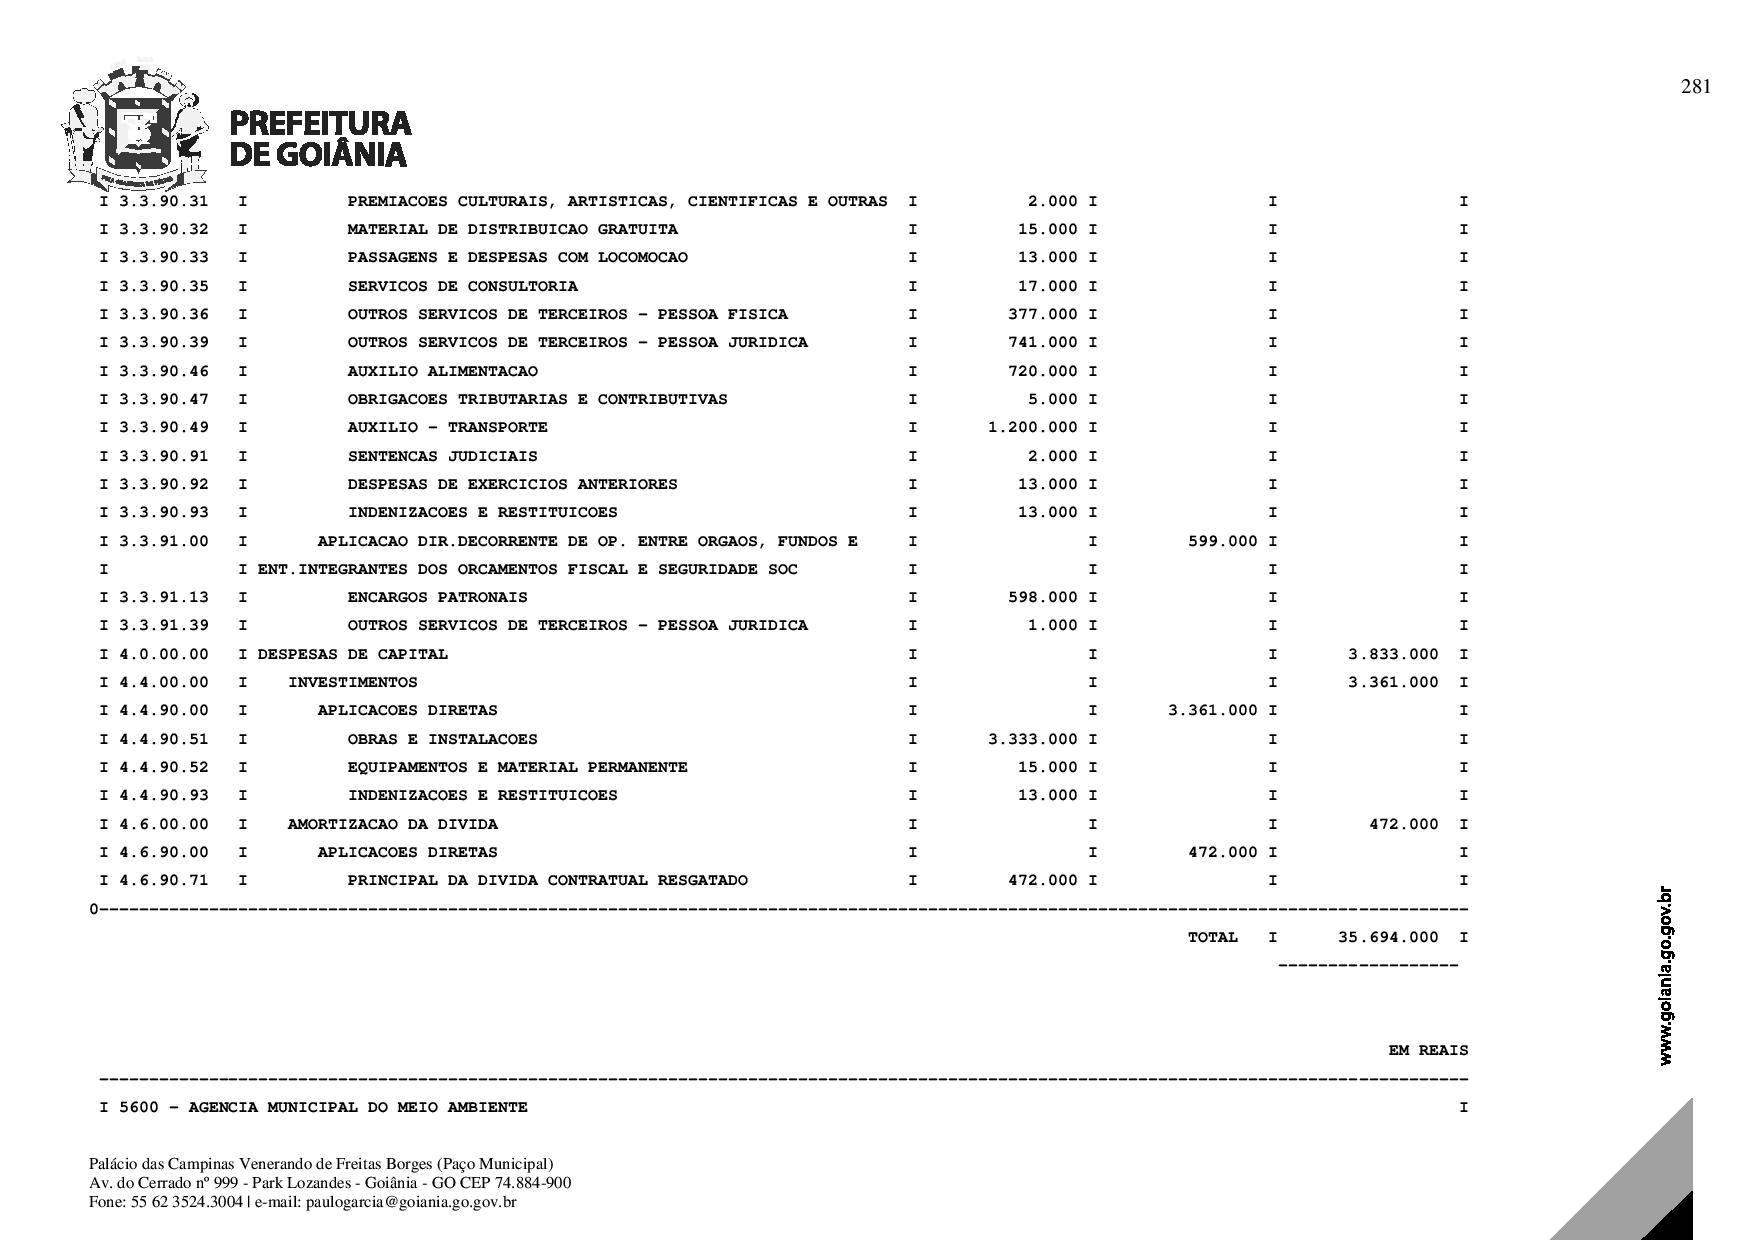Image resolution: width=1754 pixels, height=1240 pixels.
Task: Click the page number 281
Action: (1696, 87)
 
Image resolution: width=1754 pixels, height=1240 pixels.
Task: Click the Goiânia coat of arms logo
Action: (135, 127)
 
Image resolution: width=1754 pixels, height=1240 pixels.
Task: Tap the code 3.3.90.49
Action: (164, 427)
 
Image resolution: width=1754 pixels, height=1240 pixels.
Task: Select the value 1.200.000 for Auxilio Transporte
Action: (1033, 427)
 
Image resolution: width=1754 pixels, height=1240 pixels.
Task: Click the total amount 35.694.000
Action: (1388, 937)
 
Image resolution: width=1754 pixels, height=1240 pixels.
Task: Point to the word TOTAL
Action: (1212, 937)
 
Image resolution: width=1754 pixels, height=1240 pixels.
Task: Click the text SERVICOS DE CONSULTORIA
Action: (462, 286)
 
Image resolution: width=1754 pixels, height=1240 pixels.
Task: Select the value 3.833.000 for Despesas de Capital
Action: (1393, 654)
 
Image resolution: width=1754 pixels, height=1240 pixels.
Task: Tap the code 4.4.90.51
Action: (164, 739)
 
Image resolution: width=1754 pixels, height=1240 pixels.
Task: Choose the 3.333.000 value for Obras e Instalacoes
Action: (1033, 739)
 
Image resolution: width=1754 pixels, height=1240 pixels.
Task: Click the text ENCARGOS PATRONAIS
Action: (437, 597)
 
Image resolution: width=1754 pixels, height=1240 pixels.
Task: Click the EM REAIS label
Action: (1428, 1050)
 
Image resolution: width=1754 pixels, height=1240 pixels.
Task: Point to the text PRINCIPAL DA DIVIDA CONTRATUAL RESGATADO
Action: (547, 881)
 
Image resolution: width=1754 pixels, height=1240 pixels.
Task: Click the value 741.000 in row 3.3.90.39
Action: (1043, 342)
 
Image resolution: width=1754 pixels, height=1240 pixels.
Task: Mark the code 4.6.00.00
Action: (164, 824)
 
